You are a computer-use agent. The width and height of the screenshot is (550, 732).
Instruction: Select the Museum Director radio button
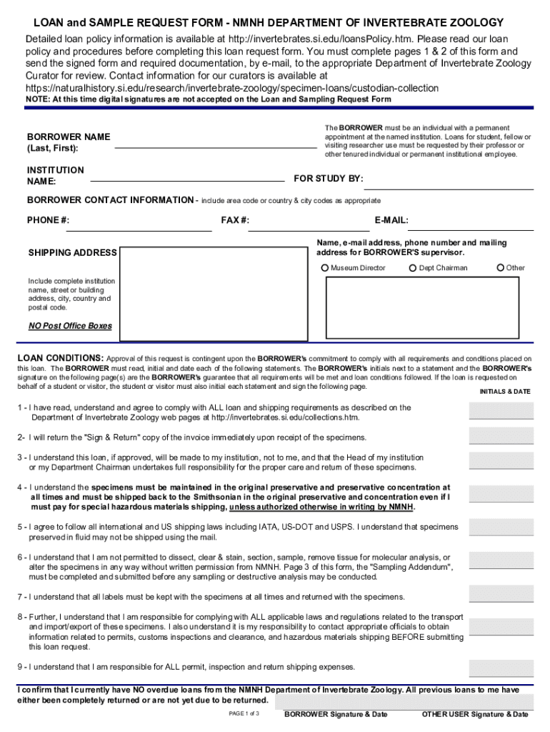click(x=326, y=268)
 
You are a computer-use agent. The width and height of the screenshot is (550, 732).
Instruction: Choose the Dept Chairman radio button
click(x=413, y=268)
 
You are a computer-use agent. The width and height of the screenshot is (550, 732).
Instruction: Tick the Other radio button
click(x=501, y=268)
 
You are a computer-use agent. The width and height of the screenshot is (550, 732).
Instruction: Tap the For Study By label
click(x=329, y=178)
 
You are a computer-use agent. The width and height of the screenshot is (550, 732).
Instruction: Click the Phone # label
click(x=48, y=220)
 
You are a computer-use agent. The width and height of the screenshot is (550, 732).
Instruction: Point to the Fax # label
click(x=235, y=220)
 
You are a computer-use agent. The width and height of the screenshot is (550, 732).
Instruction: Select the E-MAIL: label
click(x=391, y=220)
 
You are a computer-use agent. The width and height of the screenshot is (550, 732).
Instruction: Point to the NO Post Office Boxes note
click(x=70, y=326)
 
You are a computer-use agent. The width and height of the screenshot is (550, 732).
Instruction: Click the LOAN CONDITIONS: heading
click(x=60, y=357)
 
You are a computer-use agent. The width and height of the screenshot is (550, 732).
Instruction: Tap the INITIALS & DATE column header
click(x=504, y=392)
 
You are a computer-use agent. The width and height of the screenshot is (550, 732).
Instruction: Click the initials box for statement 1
click(x=501, y=411)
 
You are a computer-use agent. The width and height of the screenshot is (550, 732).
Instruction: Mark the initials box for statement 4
click(x=501, y=495)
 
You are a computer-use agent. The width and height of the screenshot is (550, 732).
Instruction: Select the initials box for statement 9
click(x=501, y=667)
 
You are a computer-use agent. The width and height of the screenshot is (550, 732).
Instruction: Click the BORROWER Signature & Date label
click(x=335, y=714)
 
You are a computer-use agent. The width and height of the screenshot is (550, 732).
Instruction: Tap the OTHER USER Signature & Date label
click(x=475, y=714)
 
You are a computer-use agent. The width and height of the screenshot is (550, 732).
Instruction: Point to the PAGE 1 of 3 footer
click(x=244, y=714)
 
